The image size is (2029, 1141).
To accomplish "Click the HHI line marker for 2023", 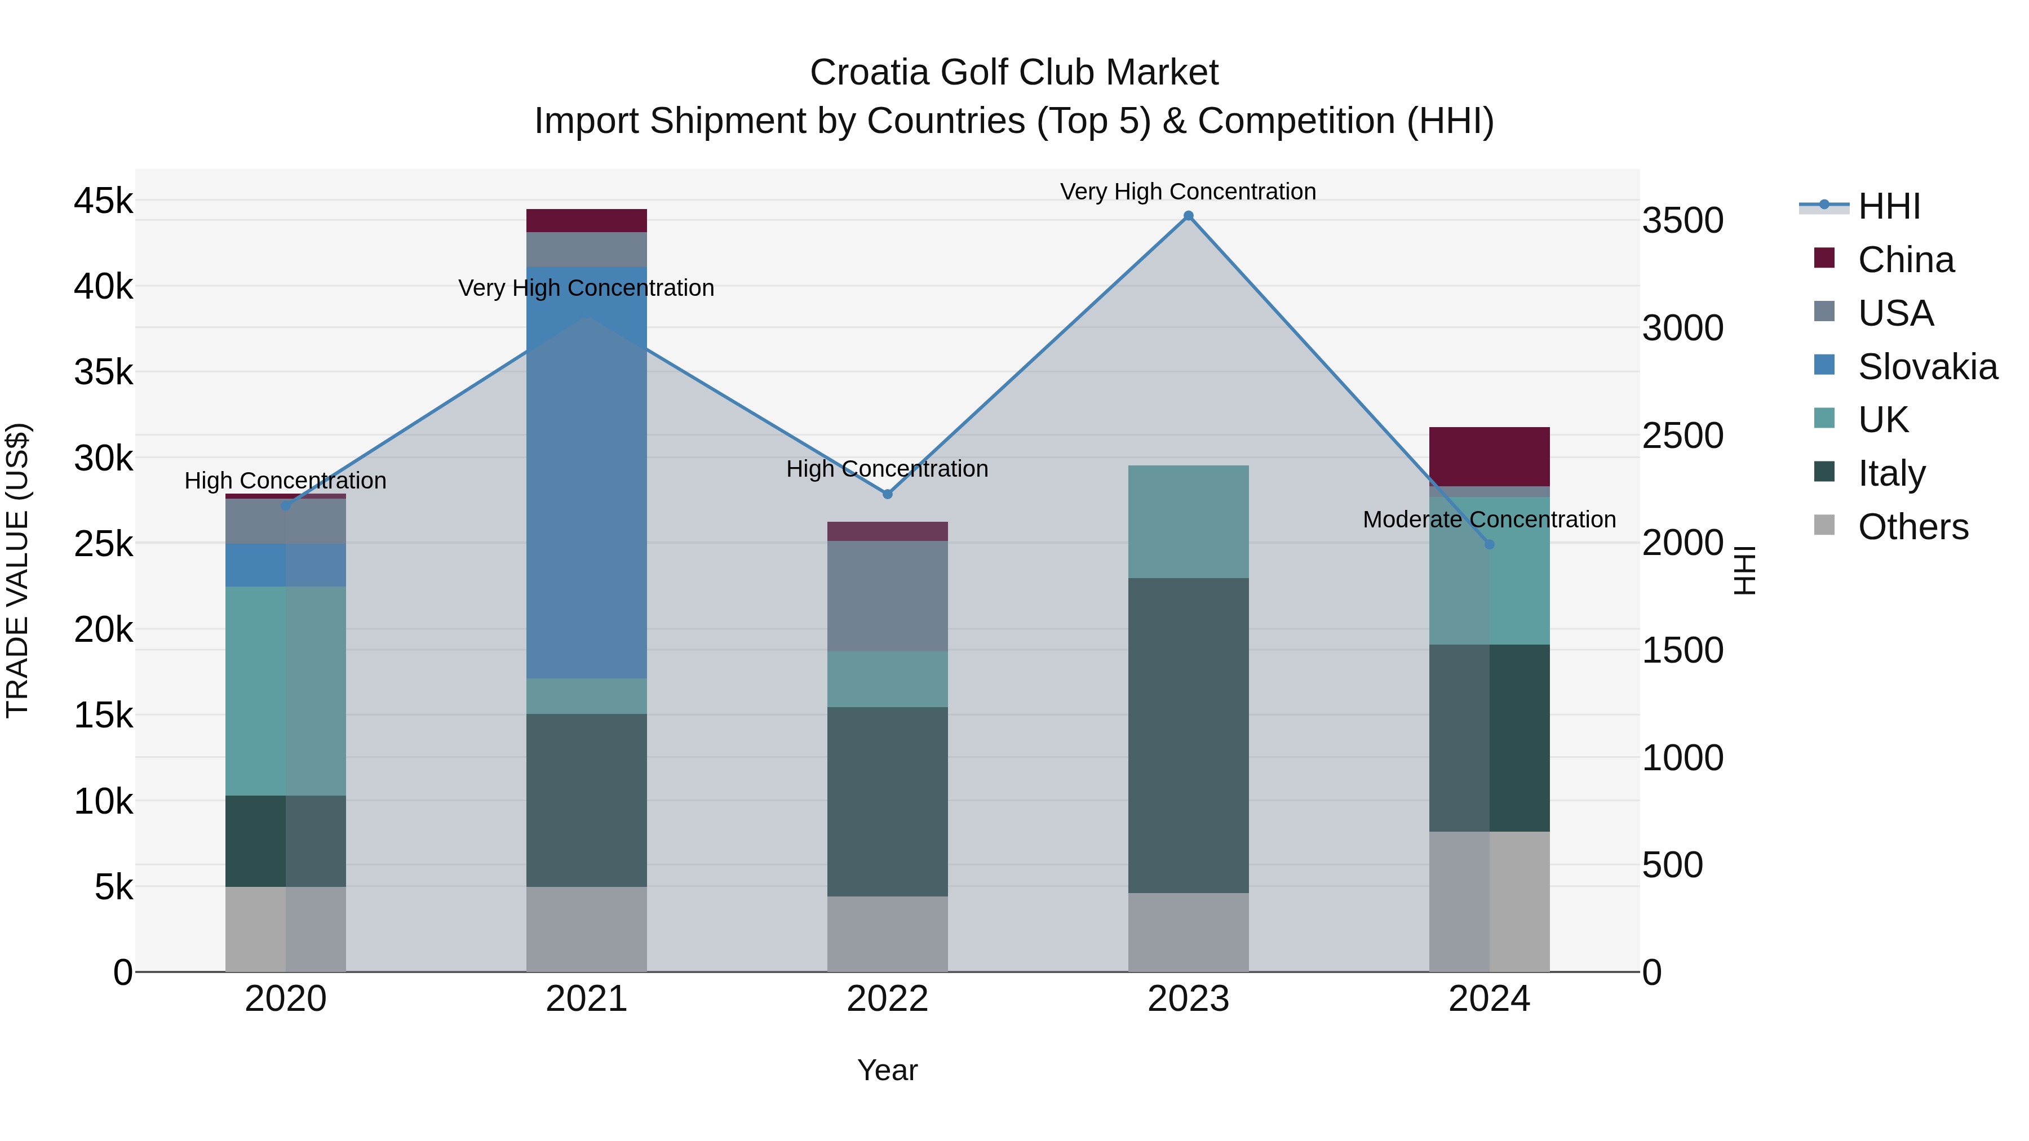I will click(x=1189, y=216).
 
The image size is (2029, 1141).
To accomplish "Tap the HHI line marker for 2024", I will click(x=1488, y=544).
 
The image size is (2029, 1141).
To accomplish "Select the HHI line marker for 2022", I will click(x=888, y=495).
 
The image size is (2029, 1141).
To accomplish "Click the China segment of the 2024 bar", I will click(x=1488, y=457).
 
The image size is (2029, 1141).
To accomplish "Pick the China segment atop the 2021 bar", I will click(x=586, y=220).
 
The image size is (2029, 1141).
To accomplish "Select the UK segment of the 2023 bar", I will click(x=1189, y=521).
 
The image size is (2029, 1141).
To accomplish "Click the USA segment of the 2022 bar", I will click(x=888, y=596).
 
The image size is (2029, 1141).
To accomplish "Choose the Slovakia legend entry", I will click(x=1926, y=367).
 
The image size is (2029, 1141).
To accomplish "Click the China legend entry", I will click(x=1906, y=260).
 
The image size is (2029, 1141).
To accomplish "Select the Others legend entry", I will click(x=1912, y=527).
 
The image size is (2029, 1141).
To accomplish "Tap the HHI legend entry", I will click(x=1889, y=206).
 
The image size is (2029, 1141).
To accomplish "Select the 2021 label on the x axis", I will click(x=586, y=999).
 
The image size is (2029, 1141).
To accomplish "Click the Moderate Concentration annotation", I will click(x=1488, y=520).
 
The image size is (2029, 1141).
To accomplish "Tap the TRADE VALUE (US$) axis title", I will click(x=17, y=570).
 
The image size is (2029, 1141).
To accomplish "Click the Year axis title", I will click(x=887, y=1070).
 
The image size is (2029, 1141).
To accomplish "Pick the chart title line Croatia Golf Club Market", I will click(x=1014, y=73).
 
